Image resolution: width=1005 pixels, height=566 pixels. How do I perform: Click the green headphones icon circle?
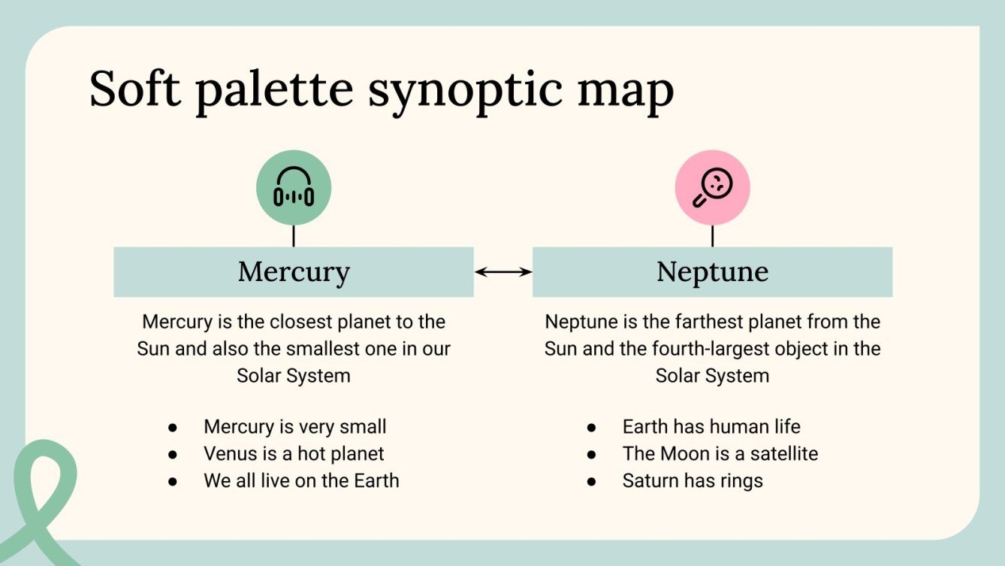(x=293, y=188)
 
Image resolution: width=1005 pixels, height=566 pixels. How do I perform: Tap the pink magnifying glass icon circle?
(x=712, y=188)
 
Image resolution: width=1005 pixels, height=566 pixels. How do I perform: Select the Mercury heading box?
(x=293, y=271)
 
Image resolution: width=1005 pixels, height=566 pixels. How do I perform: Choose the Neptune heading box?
(x=712, y=271)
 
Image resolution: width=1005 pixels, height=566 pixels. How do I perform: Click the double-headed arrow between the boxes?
(x=503, y=272)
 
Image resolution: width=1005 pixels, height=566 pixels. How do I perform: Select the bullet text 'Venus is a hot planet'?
(x=294, y=454)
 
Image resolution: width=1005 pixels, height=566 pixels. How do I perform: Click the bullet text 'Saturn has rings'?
(x=693, y=481)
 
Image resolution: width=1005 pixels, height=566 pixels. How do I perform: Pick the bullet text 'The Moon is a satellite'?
(x=720, y=454)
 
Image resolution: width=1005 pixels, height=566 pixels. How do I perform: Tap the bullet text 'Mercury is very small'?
(x=294, y=427)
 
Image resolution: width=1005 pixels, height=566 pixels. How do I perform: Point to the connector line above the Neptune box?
(x=712, y=236)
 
